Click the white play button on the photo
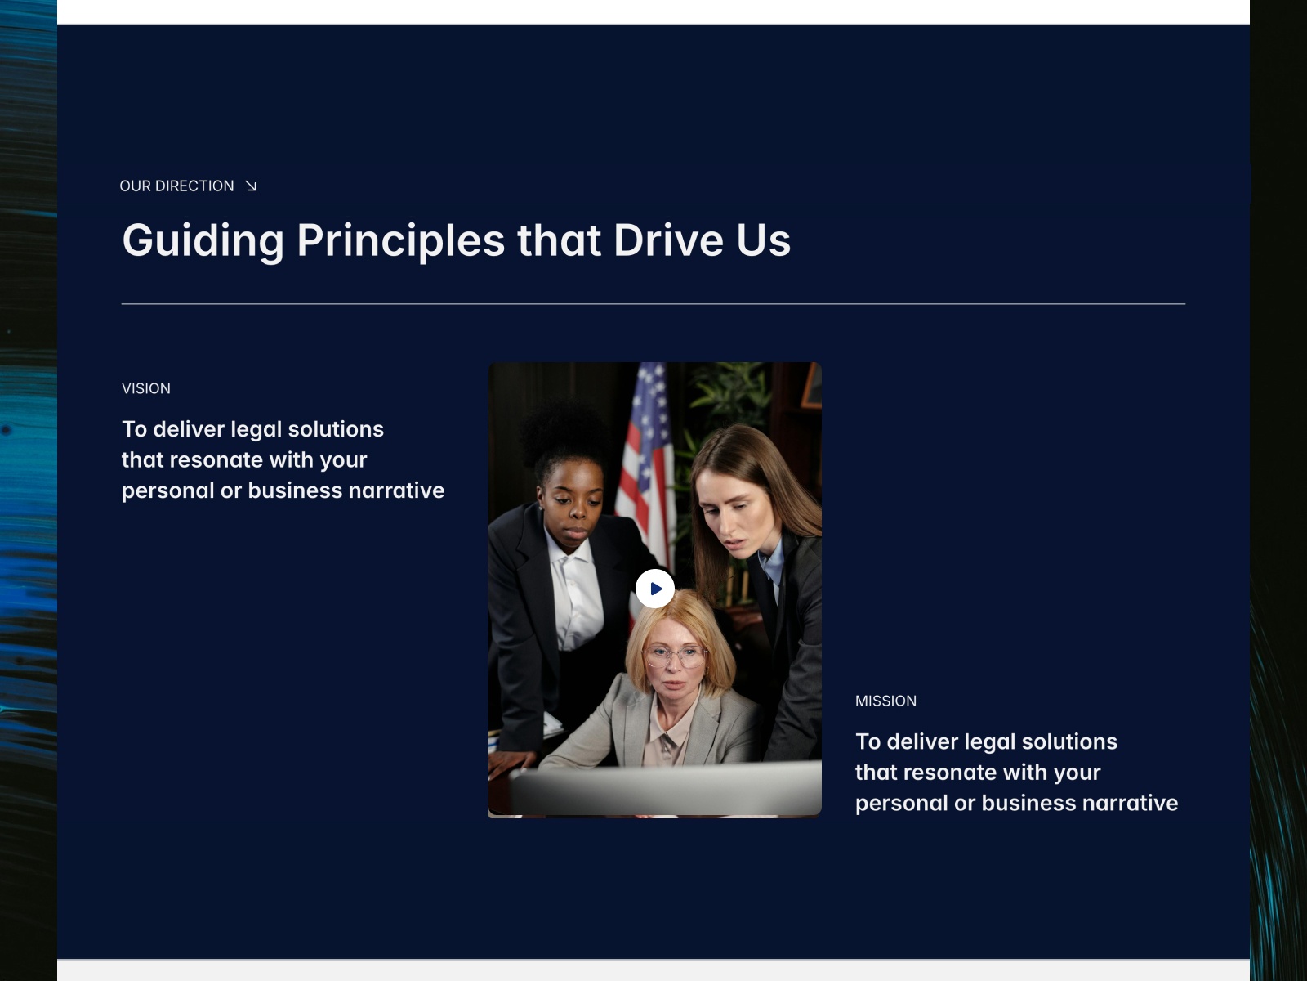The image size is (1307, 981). (654, 589)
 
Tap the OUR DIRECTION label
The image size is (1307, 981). (176, 186)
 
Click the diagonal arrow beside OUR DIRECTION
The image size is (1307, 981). (251, 186)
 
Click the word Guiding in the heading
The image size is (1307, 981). (203, 241)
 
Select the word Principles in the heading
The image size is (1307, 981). (401, 241)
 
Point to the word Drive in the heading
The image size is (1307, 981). (668, 240)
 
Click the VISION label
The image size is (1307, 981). (146, 388)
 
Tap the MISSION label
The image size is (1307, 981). (885, 701)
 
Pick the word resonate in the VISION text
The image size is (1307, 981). (216, 459)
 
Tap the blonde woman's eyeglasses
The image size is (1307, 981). (676, 656)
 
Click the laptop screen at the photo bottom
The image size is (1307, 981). (665, 787)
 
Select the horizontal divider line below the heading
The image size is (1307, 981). (653, 304)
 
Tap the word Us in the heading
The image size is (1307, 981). (763, 240)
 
